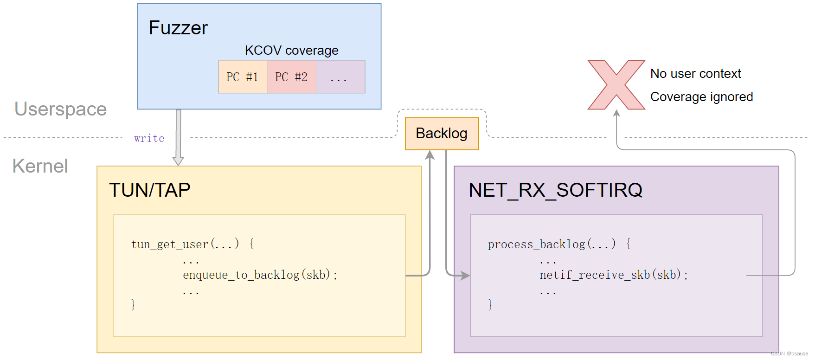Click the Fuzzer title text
178,28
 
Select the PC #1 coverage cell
243,77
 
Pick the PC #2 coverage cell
291,77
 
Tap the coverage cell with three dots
340,77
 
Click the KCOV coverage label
291,50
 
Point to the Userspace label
60,109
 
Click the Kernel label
40,166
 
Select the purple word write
149,138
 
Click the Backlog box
441,134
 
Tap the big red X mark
616,85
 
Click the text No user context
695,74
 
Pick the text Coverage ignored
701,97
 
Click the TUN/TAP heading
149,190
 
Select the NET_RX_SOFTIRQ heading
555,190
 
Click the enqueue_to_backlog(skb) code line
260,275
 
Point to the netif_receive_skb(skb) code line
613,275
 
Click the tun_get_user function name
170,244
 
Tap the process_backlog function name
536,244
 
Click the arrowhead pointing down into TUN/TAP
178,161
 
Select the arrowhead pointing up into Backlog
430,155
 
